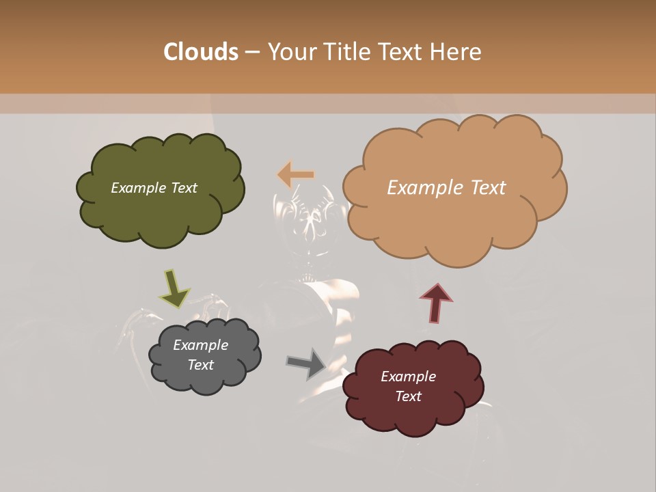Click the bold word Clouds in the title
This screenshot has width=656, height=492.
click(x=201, y=52)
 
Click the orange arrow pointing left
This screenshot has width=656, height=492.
click(x=295, y=175)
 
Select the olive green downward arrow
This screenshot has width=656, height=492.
click(x=175, y=288)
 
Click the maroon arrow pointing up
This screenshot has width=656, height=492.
click(x=436, y=302)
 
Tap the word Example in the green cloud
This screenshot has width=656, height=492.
click(x=135, y=188)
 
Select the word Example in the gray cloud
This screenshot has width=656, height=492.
click(x=200, y=345)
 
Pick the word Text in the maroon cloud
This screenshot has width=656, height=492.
click(x=408, y=396)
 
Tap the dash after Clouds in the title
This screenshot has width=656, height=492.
click(x=251, y=53)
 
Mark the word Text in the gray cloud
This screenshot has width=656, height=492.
click(x=200, y=365)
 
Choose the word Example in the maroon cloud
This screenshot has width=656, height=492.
click(x=408, y=377)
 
